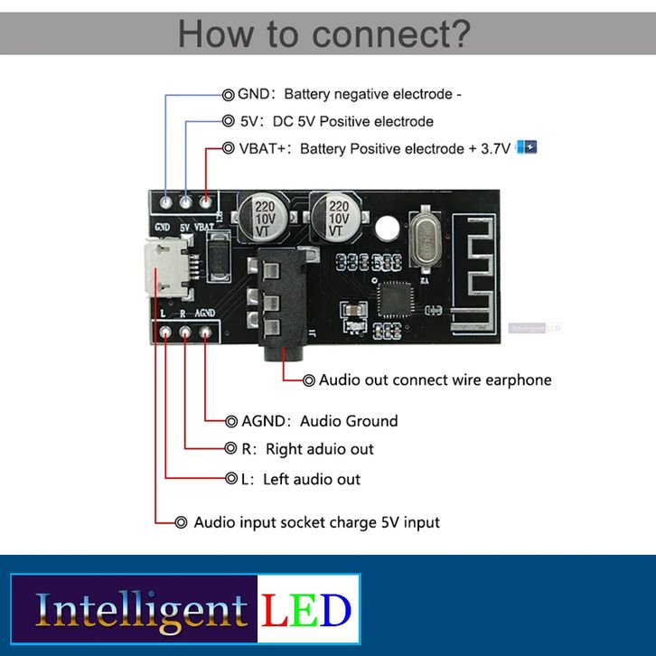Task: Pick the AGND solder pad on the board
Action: click(x=207, y=333)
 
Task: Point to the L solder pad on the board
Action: click(x=166, y=333)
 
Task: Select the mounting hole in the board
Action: click(x=387, y=228)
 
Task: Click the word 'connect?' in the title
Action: click(x=391, y=33)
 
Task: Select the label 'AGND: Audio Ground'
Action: click(x=319, y=420)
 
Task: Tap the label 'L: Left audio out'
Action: click(x=300, y=479)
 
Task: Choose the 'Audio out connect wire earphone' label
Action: click(x=435, y=380)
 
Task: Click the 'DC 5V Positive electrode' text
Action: click(x=352, y=121)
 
